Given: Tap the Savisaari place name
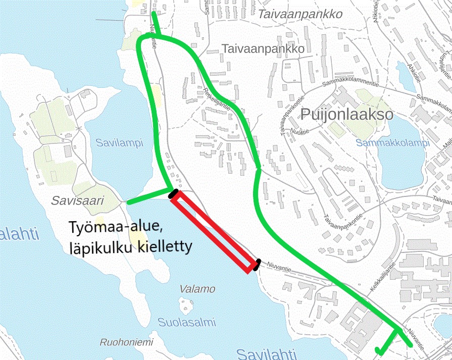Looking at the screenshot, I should (x=77, y=201).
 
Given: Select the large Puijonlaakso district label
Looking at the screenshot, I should (x=346, y=114).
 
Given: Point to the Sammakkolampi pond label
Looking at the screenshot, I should (x=392, y=143).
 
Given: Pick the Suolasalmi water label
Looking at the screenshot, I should (x=186, y=322).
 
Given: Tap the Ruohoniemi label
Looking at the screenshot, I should (x=126, y=342).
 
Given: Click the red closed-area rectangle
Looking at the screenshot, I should (x=212, y=232).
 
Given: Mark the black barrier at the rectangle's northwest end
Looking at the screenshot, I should (x=174, y=193).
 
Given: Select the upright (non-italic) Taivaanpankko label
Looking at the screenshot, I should (x=263, y=49).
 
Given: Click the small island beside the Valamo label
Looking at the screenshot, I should (x=186, y=305).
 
